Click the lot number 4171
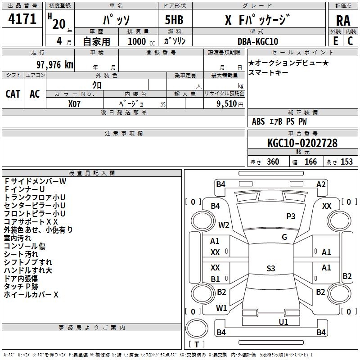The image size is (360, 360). (x=22, y=19)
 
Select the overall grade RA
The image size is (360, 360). (x=343, y=20)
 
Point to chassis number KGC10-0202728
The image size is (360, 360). (x=302, y=143)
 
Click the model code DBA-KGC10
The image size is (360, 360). (x=257, y=41)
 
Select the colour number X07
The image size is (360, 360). (x=75, y=104)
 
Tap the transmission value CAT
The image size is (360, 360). (x=13, y=94)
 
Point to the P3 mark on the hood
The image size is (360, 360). (x=291, y=216)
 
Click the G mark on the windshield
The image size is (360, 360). (x=284, y=237)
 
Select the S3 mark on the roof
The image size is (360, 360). (x=270, y=269)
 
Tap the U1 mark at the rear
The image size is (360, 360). (x=283, y=322)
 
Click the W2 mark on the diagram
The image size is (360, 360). (x=224, y=225)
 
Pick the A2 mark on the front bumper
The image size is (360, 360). (x=321, y=184)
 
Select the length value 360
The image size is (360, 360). (x=273, y=162)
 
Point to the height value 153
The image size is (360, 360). (x=346, y=162)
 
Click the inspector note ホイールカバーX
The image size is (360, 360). (x=31, y=295)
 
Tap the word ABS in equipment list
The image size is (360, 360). (x=258, y=121)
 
